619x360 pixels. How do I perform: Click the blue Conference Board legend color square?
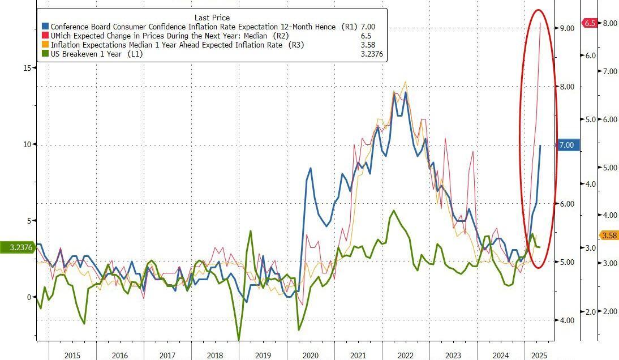45,27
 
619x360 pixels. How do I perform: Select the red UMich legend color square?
45,36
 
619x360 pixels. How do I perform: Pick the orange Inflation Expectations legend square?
45,45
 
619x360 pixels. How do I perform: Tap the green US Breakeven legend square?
45,54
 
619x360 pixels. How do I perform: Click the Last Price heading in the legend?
212,18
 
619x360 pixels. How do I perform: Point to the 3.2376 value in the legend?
372,54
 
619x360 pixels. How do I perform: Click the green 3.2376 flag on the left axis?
16,247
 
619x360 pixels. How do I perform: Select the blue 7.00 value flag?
566,145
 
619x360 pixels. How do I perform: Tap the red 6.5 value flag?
590,23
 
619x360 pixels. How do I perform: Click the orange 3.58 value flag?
609,235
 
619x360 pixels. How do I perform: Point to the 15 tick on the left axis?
27,68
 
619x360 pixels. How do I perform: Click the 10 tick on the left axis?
27,144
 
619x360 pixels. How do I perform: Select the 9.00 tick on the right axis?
566,28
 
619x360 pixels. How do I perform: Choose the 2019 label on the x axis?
263,355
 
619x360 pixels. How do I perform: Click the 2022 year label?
406,355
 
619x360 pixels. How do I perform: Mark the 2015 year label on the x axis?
72,355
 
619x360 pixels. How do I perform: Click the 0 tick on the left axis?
29,297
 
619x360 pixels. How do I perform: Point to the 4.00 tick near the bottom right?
566,320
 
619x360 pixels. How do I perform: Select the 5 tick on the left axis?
29,221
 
